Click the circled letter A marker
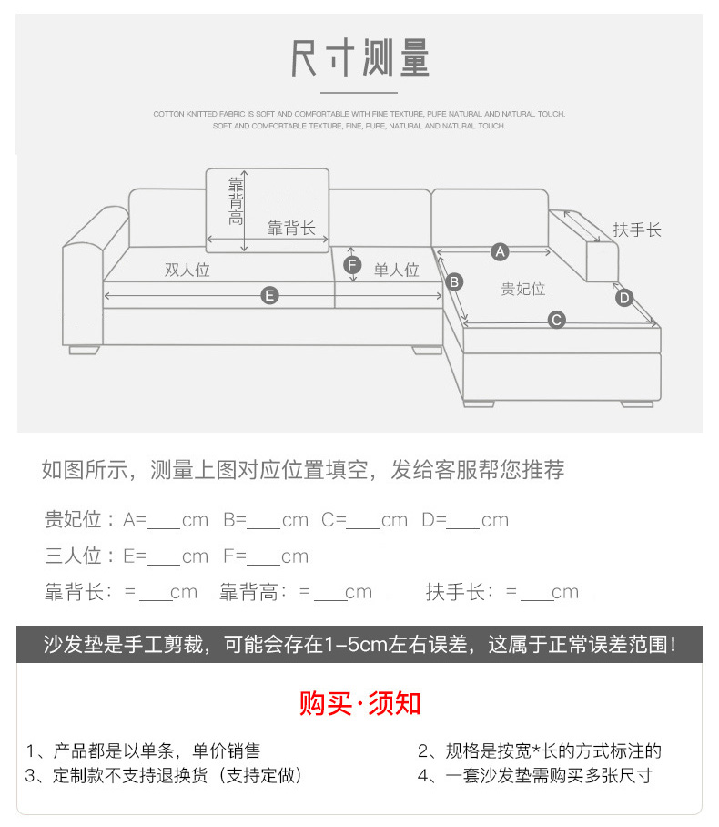(499, 250)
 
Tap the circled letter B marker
(455, 281)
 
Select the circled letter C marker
(556, 320)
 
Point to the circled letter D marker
(623, 297)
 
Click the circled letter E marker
(269, 294)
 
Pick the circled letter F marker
(353, 265)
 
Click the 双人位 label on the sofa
(187, 270)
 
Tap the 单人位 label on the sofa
(397, 270)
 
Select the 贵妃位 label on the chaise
(522, 289)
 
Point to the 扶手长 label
(637, 230)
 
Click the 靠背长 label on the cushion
(291, 228)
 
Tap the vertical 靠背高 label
(236, 200)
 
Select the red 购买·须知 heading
(359, 703)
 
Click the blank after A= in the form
(164, 522)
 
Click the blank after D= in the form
(462, 522)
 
